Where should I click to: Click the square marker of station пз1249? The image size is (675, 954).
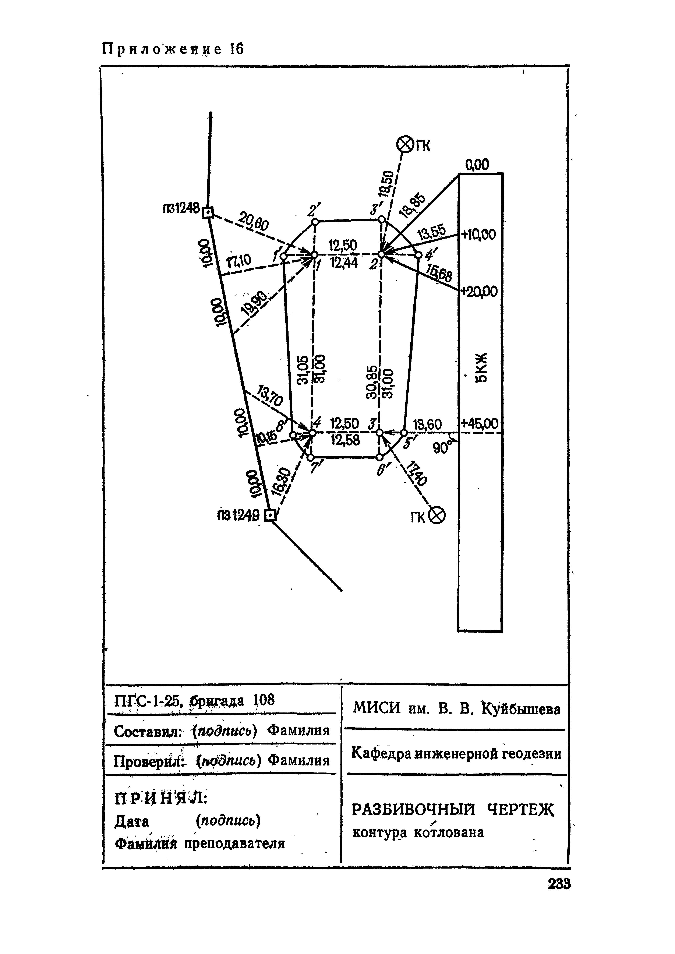click(x=271, y=516)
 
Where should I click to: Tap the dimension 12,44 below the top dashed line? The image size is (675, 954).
click(x=344, y=263)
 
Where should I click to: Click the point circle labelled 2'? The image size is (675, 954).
click(x=315, y=222)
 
